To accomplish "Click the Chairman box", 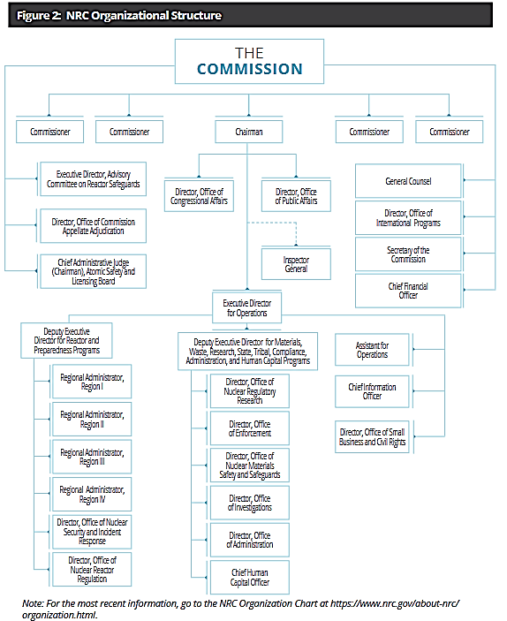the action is (x=249, y=132).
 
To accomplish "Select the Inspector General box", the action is (x=296, y=264).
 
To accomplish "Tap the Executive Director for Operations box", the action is (x=246, y=307).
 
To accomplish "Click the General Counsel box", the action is (x=408, y=181).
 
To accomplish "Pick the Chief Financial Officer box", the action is (x=408, y=291).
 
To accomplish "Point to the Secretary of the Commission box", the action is (x=408, y=254).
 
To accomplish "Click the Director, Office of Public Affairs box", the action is (x=296, y=196).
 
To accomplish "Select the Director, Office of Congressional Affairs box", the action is (x=199, y=196).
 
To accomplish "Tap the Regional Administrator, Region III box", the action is (x=92, y=457).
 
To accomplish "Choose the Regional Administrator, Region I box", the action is (x=92, y=382).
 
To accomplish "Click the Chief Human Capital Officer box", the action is (x=250, y=578).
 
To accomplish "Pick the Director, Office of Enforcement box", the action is (x=250, y=428).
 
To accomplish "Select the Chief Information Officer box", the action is (x=372, y=391).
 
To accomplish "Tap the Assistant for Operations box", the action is (x=372, y=350).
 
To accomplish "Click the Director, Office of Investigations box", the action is (x=250, y=503).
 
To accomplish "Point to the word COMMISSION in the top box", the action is (x=250, y=69).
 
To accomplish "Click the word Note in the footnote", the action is (x=32, y=603).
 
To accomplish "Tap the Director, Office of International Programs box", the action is (x=408, y=218).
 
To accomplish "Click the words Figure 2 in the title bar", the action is (x=38, y=15).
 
